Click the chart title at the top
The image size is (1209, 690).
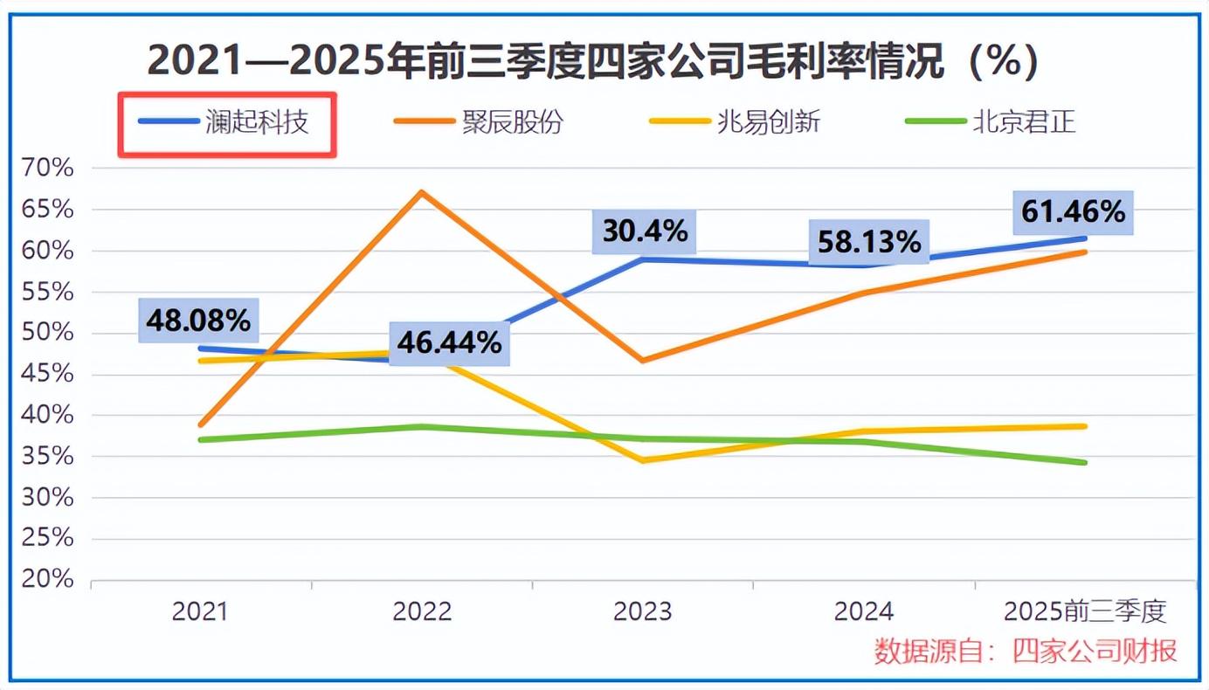pos(593,62)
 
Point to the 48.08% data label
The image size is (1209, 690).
pos(198,321)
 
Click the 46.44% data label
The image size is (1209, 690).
pos(449,342)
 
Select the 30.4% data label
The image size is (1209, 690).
pos(646,231)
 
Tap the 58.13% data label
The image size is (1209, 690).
pos(868,242)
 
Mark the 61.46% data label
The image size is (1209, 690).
pos(1072,211)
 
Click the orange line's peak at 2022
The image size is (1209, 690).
pos(421,192)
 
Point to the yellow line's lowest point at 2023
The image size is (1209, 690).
pos(644,460)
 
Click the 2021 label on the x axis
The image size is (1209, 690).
pos(200,611)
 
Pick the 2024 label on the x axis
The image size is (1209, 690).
pos(864,611)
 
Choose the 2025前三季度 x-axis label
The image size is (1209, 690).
pos(1085,611)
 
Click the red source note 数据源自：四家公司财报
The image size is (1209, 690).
pos(1026,651)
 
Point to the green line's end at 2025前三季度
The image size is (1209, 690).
pos(1084,462)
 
